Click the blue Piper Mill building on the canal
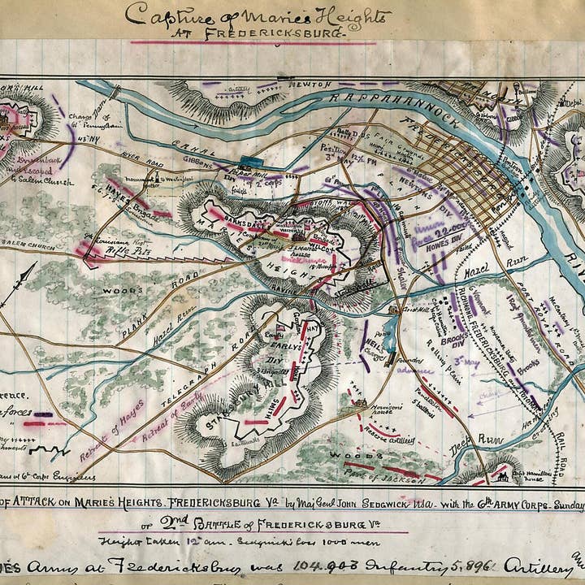tap(245, 160)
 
